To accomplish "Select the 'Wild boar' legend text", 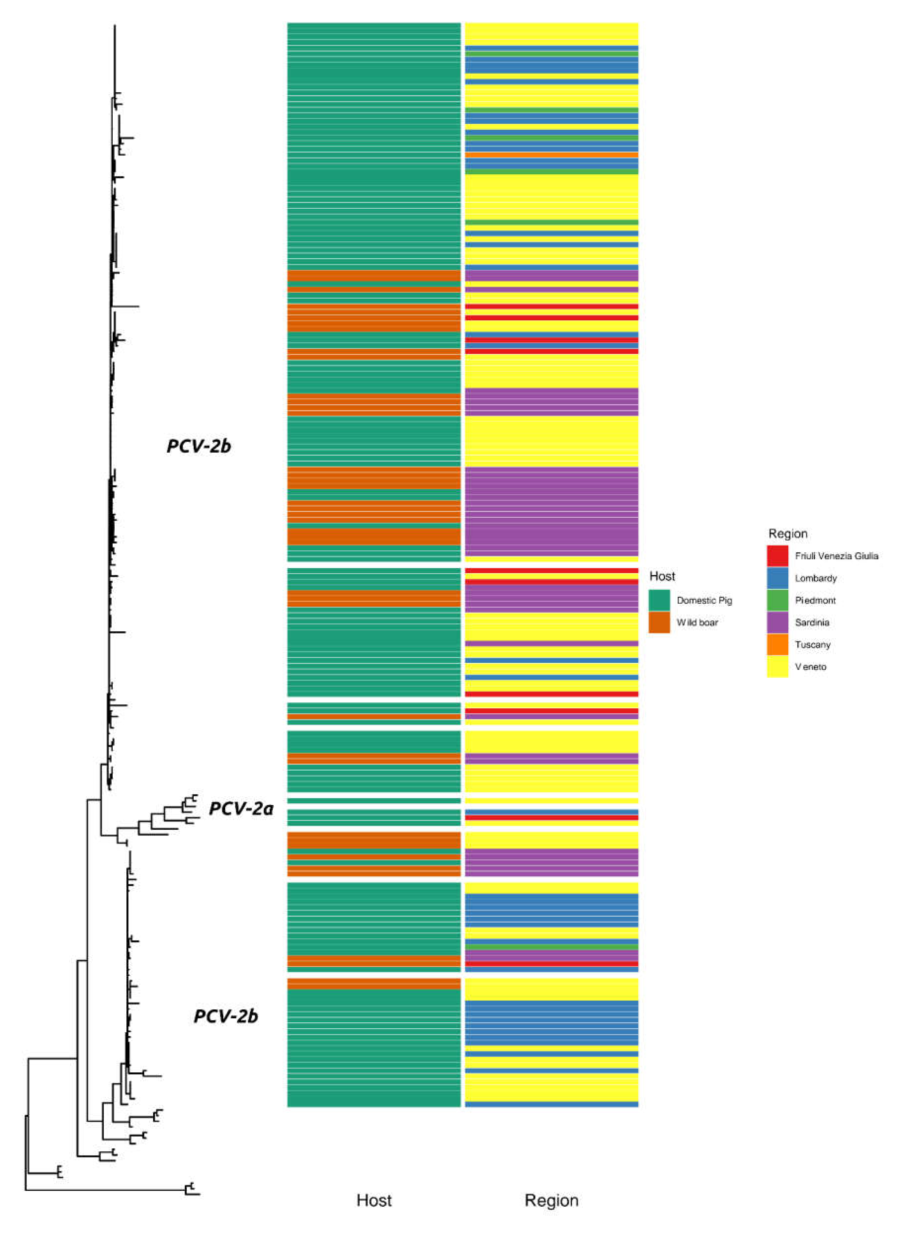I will pyautogui.click(x=697, y=622).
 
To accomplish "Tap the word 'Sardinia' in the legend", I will pyautogui.click(x=812, y=622).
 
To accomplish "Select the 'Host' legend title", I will pyautogui.click(x=662, y=576).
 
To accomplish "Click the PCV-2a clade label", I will pyautogui.click(x=241, y=808).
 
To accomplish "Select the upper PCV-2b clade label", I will pyautogui.click(x=199, y=446).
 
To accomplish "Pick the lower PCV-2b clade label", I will pyautogui.click(x=225, y=1016).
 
